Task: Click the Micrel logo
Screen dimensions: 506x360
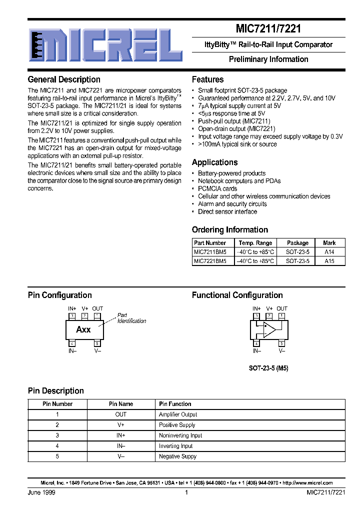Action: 105,44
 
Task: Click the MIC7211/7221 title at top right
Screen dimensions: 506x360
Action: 268,29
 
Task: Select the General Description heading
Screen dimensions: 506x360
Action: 64,79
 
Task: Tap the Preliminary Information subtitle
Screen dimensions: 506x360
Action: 268,59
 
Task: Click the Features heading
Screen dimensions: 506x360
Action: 207,79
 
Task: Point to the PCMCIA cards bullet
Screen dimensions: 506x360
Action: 217,189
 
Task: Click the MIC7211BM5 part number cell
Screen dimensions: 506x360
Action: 210,252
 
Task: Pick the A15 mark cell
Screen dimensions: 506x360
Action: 329,261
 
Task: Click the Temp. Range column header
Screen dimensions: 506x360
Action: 255,243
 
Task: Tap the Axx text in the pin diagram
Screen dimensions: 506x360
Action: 83,330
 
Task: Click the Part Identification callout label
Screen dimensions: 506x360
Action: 131,318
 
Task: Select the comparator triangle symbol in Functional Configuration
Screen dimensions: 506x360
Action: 269,329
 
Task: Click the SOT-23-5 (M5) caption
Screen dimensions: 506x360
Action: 268,368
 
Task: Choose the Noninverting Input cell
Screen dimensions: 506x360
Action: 180,435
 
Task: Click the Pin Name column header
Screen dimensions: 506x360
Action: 121,404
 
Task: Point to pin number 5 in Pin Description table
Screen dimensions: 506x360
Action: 57,456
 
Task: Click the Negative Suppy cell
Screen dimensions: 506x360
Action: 177,456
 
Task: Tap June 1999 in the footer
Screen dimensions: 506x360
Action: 41,492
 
